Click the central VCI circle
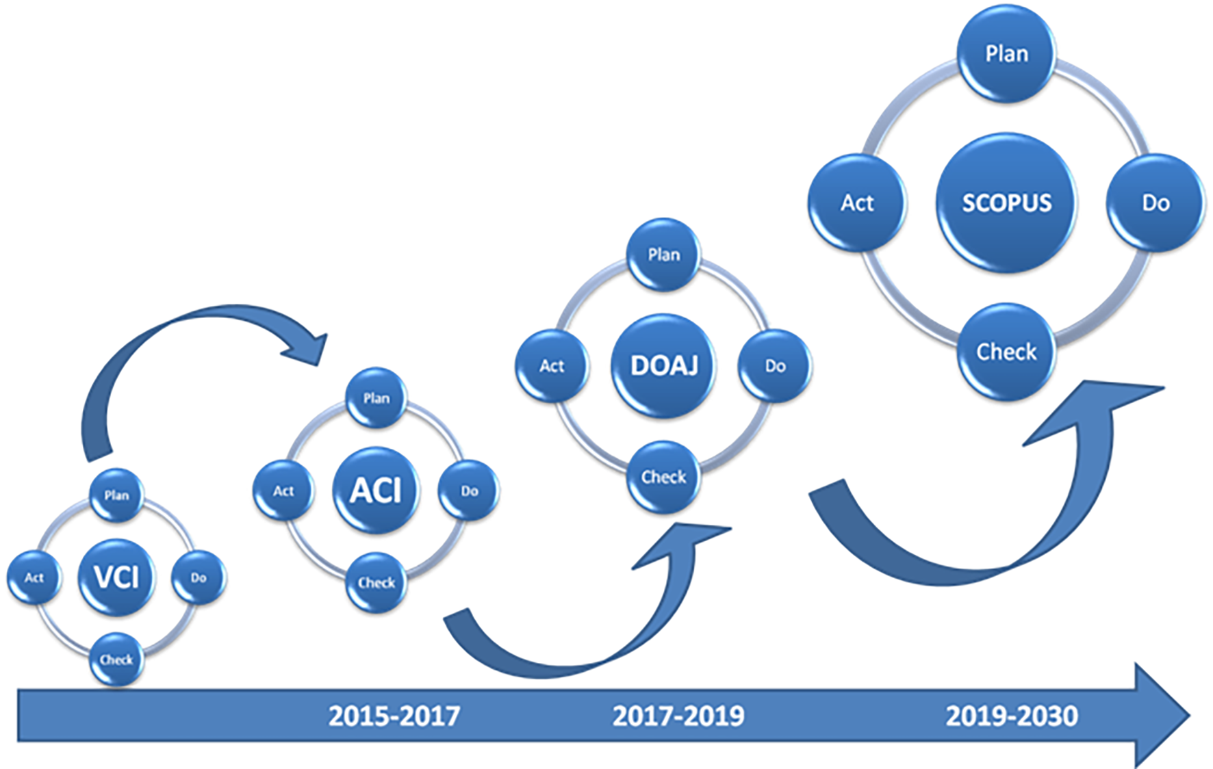coord(116,577)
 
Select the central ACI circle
coord(376,490)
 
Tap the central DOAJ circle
coord(663,365)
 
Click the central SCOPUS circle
coord(1006,203)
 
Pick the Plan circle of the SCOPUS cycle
coord(1006,53)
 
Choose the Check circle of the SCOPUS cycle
coord(1006,352)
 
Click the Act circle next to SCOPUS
coord(857,203)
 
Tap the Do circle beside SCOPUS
coord(1155,203)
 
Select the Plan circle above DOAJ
coord(663,255)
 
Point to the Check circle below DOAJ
coord(663,476)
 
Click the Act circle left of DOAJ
coord(552,365)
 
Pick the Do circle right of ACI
coord(469,491)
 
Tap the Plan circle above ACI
coord(376,398)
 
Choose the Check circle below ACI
coord(376,582)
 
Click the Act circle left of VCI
coord(34,577)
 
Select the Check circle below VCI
coord(116,660)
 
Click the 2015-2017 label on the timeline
coord(394,716)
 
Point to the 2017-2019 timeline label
coord(678,716)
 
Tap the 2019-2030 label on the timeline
coord(1012,716)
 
